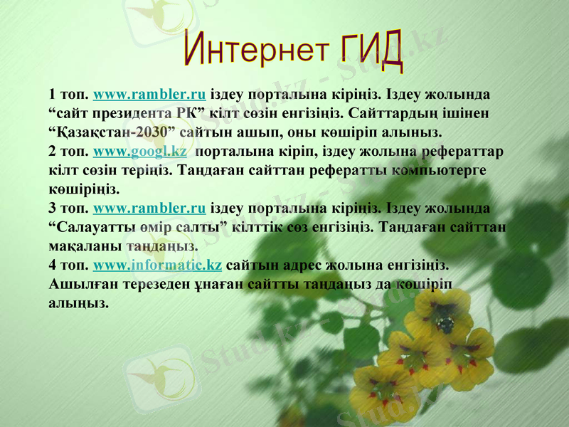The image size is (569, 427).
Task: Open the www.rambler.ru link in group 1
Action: [149, 94]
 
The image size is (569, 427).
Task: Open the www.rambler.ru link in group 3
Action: [149, 209]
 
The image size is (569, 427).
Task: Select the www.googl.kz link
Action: [140, 152]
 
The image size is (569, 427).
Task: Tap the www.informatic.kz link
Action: [157, 266]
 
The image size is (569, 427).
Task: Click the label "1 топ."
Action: [68, 94]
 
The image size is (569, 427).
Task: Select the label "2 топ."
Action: [68, 152]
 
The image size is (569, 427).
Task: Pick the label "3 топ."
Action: [68, 209]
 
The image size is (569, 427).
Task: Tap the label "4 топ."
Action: [68, 266]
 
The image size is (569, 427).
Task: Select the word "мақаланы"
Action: [85, 247]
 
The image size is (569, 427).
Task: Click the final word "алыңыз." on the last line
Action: [79, 304]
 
